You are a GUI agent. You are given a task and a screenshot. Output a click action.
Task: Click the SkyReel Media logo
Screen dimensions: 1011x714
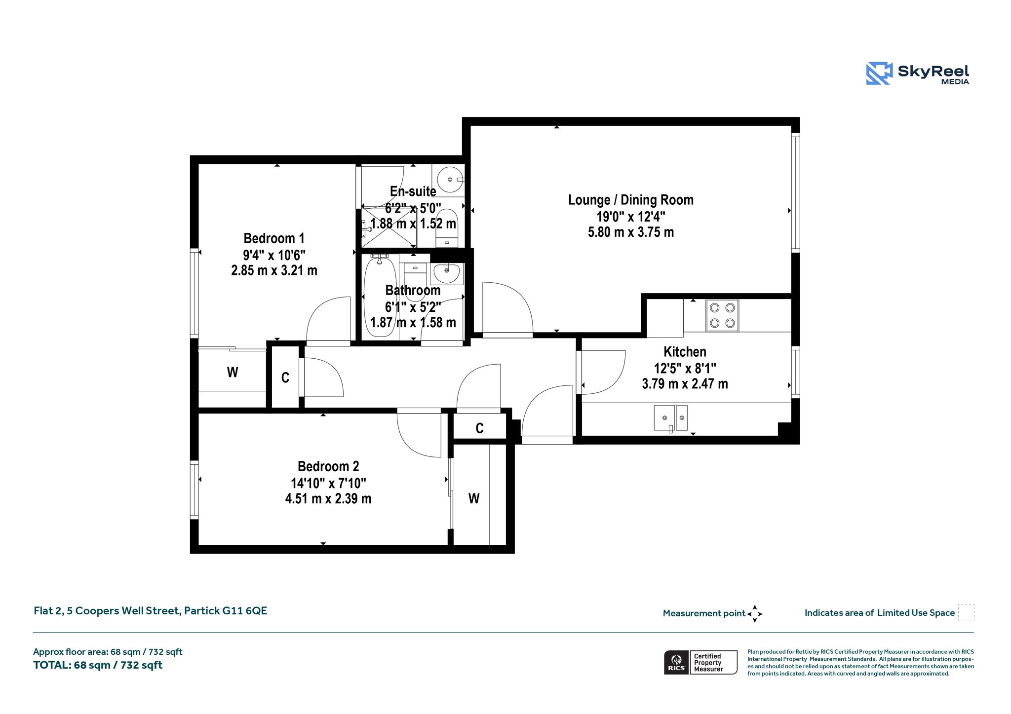coord(917,74)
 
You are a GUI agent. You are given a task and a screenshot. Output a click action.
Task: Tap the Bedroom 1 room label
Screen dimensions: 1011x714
coord(274,238)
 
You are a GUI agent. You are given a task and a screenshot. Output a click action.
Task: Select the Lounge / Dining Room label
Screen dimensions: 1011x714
coord(630,200)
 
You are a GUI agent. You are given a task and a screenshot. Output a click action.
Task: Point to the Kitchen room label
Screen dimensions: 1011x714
coord(685,352)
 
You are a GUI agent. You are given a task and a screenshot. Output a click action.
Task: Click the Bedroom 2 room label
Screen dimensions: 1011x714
coord(328,466)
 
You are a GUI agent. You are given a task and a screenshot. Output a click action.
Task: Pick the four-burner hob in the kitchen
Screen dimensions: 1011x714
coord(722,315)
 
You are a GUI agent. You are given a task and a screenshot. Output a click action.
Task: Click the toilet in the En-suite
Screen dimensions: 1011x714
coord(447,228)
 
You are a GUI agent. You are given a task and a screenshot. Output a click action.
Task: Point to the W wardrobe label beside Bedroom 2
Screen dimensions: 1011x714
coord(474,498)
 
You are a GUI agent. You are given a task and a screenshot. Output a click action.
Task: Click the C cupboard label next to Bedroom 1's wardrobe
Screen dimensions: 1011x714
coord(285,378)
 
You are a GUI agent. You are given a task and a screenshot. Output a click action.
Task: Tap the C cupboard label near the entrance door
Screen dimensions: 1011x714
coord(479,428)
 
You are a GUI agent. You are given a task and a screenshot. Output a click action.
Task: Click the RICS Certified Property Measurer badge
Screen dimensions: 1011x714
coord(700,662)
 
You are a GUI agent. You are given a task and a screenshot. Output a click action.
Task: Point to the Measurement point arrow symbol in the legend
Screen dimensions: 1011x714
coord(755,614)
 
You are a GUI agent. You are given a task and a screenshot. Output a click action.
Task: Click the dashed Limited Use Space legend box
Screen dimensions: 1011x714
coord(966,612)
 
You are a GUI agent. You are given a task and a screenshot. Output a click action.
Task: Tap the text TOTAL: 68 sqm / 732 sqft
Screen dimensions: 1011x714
coord(98,665)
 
